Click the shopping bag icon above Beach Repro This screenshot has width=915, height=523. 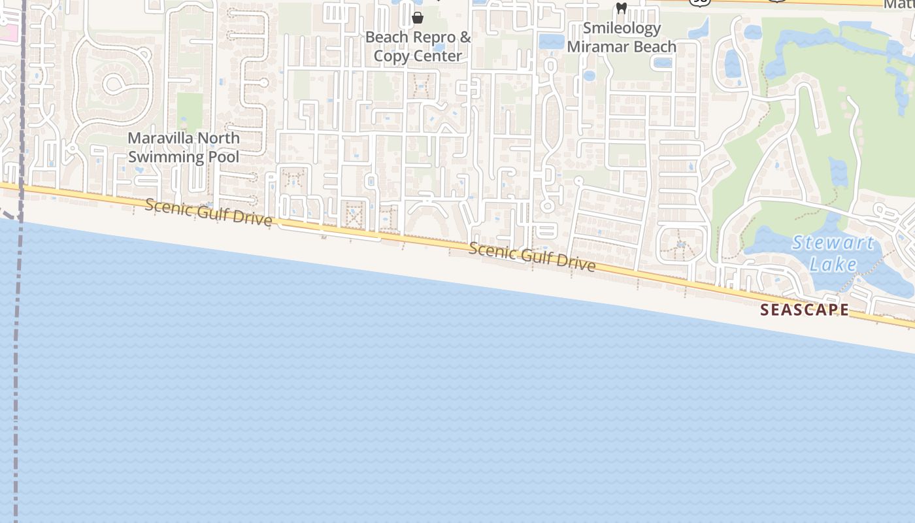pyautogui.click(x=418, y=18)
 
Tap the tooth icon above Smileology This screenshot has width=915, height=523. pyautogui.click(x=622, y=8)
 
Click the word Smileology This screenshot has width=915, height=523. pyautogui.click(x=622, y=28)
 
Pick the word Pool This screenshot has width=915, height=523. pyautogui.click(x=225, y=157)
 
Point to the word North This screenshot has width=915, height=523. pyautogui.click(x=219, y=139)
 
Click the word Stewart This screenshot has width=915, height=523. pyautogui.click(x=833, y=243)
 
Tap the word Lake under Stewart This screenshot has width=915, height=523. pyautogui.click(x=833, y=264)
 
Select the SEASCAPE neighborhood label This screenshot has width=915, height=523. pyautogui.click(x=805, y=310)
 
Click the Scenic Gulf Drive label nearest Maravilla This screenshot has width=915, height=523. pyautogui.click(x=208, y=212)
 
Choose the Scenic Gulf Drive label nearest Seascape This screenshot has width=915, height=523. pyautogui.click(x=531, y=256)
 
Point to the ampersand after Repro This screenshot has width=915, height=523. pyautogui.click(x=465, y=37)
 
